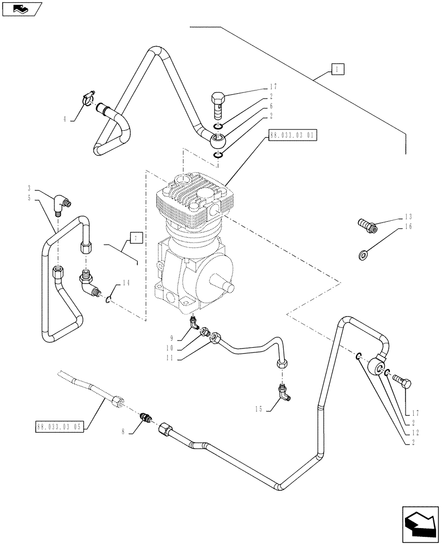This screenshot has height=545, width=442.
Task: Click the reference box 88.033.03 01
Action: click(292, 134)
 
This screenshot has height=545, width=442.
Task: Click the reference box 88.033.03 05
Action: click(59, 427)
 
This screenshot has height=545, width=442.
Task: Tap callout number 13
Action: click(408, 216)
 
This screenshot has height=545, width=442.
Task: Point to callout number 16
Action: click(408, 225)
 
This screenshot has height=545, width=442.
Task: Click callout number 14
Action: click(127, 282)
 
